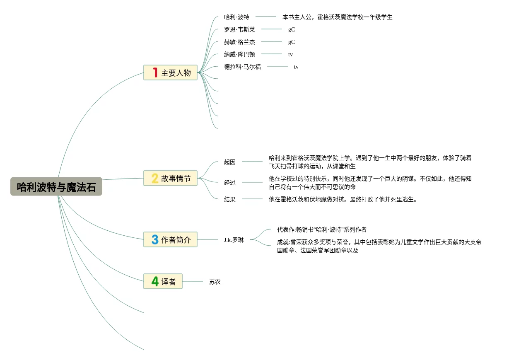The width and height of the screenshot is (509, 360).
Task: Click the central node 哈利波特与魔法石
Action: pos(56,187)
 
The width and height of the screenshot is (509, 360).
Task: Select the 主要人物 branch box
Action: pos(170,72)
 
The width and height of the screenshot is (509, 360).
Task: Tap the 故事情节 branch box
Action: pos(170,178)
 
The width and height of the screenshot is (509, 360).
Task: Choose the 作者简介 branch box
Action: pos(170,239)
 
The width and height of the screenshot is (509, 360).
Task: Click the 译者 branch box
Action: pos(163,281)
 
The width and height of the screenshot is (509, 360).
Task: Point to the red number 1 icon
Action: pos(155,72)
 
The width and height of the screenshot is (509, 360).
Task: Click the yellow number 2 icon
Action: pos(155,178)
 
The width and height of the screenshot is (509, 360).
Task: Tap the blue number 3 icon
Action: pos(155,239)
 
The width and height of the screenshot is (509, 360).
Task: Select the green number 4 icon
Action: pos(155,281)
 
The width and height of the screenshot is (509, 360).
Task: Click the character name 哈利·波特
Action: pos(236,17)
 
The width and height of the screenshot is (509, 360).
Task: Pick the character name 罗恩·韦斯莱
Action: pos(239,29)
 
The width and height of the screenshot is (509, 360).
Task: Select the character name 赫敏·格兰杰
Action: pos(239,42)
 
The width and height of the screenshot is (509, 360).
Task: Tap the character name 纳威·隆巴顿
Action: pos(239,54)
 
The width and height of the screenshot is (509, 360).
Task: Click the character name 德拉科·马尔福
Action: pos(242,67)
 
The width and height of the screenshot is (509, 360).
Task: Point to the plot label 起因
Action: pos(230,162)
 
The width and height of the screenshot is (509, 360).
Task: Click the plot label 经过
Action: pos(230,183)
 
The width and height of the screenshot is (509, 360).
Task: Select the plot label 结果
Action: pos(230,199)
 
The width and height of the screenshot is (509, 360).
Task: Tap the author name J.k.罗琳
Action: pos(234,240)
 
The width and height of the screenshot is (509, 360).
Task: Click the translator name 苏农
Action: pos(215,282)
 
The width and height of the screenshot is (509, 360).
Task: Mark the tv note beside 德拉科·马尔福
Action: pos(296,67)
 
